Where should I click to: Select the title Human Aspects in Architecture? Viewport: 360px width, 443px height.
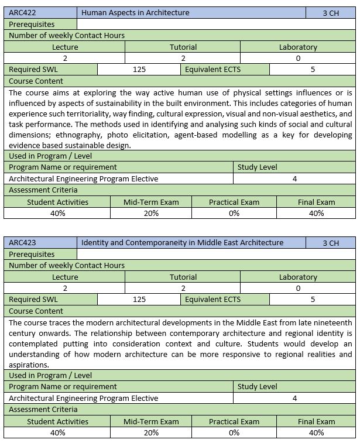pyautogui.click(x=135, y=13)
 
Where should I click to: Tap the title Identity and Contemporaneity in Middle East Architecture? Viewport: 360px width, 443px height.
pyautogui.click(x=182, y=243)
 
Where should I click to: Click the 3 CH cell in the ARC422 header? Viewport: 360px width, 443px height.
pyautogui.click(x=330, y=13)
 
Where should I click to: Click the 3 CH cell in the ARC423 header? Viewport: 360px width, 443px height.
pyautogui.click(x=330, y=243)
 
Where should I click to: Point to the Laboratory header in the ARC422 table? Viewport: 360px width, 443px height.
pyautogui.click(x=298, y=47)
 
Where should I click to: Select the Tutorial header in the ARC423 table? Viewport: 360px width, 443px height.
pyautogui.click(x=183, y=277)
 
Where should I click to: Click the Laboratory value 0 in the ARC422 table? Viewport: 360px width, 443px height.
pyautogui.click(x=298, y=58)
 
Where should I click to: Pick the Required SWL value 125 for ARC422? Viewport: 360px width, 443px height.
pyautogui.click(x=139, y=69)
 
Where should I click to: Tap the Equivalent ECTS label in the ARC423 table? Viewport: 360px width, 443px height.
pyautogui.click(x=212, y=299)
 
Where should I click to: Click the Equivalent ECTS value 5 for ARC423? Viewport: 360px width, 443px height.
pyautogui.click(x=313, y=299)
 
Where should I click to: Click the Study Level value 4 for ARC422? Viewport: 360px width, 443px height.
pyautogui.click(x=294, y=178)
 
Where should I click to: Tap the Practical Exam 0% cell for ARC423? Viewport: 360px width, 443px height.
pyautogui.click(x=234, y=432)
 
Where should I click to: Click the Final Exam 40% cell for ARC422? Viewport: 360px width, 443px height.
pyautogui.click(x=316, y=213)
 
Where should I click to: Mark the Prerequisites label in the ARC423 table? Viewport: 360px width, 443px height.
pyautogui.click(x=32, y=254)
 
